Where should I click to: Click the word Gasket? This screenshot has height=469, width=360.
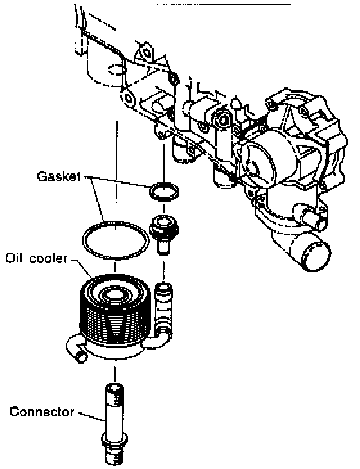tap(59, 176)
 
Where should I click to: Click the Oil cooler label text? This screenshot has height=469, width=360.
tap(37, 258)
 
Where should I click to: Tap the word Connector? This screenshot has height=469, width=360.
tap(42, 412)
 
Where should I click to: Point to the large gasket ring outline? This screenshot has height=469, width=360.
tap(116, 223)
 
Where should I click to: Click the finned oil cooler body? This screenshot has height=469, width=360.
tap(114, 317)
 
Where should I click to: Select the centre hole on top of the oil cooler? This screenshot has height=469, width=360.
tap(114, 295)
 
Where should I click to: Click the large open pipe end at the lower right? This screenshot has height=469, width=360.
tap(316, 256)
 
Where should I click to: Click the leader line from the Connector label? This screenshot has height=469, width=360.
tap(92, 417)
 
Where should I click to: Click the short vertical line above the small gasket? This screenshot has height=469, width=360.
tap(164, 163)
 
